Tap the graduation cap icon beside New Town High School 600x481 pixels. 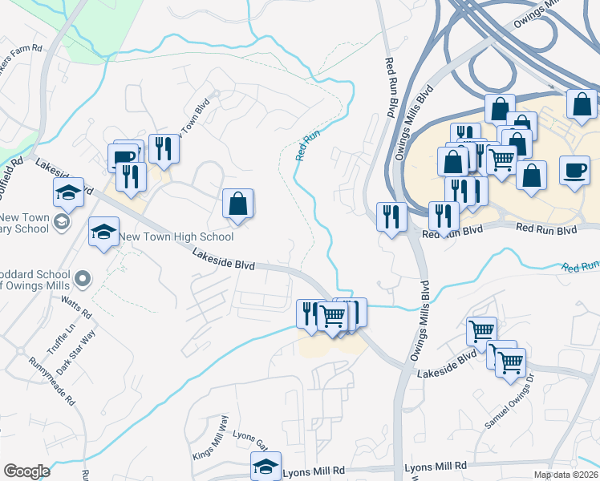103,232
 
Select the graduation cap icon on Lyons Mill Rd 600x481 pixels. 266,467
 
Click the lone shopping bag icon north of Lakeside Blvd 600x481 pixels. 238,204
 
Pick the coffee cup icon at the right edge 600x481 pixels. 574,172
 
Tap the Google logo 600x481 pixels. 26,471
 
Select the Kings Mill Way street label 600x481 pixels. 210,437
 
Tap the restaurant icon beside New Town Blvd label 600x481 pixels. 164,149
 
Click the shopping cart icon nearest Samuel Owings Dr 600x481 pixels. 510,362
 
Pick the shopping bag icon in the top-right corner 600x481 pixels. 582,104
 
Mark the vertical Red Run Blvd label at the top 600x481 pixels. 391,88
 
